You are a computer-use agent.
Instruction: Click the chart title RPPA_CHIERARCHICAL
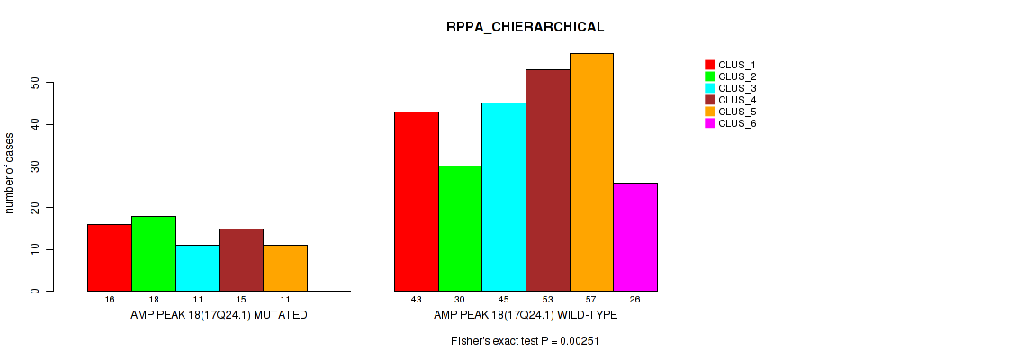(513, 27)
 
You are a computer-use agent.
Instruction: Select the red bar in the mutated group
(109, 257)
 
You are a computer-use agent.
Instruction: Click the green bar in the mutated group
(153, 254)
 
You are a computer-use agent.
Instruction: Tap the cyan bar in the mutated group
(197, 268)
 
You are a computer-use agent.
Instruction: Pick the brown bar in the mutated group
(241, 260)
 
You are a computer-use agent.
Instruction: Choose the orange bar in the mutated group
(285, 268)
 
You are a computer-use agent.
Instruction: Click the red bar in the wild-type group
(417, 202)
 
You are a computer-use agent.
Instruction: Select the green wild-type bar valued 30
(460, 229)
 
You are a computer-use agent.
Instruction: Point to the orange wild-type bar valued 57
(591, 172)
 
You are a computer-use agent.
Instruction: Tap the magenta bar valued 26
(635, 237)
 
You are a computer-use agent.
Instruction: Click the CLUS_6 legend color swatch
(709, 123)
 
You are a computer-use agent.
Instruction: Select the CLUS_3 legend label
(737, 88)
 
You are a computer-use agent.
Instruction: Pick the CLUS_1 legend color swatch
(709, 65)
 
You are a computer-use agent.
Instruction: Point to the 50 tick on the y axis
(35, 83)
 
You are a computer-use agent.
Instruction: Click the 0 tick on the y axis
(35, 292)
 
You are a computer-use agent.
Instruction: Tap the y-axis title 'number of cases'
(10, 174)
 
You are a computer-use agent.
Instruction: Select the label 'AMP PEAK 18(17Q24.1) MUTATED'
(219, 315)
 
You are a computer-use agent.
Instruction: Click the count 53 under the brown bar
(547, 299)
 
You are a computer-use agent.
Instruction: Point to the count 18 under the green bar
(153, 299)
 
